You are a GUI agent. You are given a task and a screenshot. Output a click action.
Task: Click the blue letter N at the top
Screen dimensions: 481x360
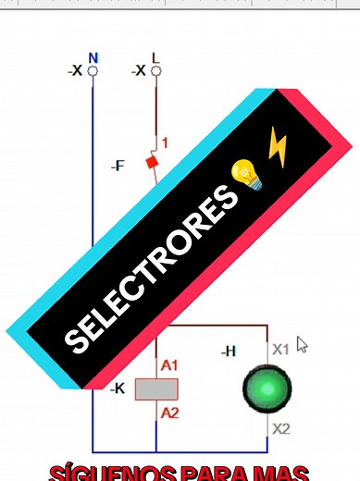click(93, 57)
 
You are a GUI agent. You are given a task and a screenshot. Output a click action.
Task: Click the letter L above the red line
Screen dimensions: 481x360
click(155, 57)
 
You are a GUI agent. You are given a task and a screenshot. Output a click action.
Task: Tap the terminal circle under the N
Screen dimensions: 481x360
click(93, 70)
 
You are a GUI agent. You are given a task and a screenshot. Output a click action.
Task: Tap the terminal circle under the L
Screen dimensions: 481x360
click(155, 70)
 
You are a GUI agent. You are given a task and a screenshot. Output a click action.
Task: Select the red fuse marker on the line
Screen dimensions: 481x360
click(153, 162)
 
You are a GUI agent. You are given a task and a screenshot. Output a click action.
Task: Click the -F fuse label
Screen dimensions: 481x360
click(118, 166)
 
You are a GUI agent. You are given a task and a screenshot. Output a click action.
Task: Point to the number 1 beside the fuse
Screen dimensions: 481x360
click(165, 142)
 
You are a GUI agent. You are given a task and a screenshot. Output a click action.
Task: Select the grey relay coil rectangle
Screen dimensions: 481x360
click(155, 388)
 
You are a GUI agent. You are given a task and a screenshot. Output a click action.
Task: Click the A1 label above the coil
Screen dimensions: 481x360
click(169, 366)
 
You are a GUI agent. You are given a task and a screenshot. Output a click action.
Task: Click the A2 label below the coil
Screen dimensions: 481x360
click(169, 413)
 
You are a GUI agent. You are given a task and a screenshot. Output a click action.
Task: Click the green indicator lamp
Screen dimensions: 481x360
click(267, 388)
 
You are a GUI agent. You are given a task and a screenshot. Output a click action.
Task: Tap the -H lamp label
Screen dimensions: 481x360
click(228, 351)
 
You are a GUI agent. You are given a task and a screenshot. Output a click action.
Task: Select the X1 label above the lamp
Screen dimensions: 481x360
click(280, 349)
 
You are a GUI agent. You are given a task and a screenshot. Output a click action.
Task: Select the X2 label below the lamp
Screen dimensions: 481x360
click(280, 429)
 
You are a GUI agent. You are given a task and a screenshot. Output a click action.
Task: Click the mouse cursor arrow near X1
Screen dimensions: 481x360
click(301, 344)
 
